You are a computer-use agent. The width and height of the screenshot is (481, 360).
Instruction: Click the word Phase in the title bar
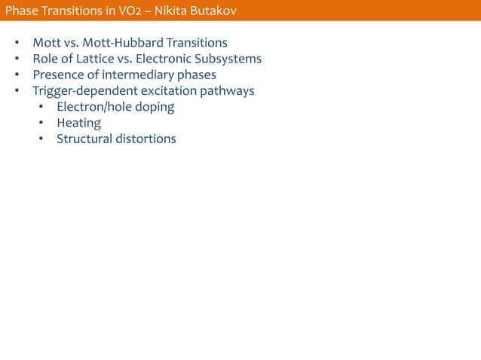(22, 10)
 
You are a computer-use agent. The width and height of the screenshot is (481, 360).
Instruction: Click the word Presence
(57, 75)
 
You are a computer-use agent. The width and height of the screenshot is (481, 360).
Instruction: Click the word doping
(154, 107)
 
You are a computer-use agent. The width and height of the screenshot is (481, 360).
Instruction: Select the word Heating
(79, 123)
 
